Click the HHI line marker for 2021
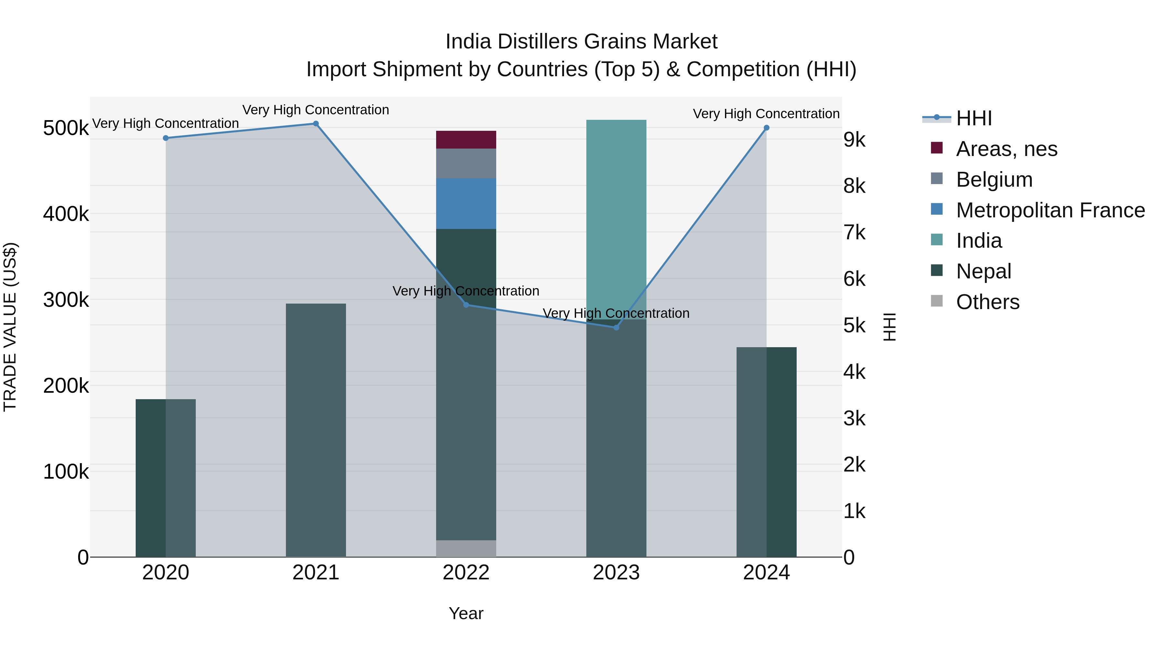click(316, 124)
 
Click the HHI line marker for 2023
click(616, 327)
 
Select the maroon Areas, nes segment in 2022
click(466, 140)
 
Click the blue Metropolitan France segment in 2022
click(466, 203)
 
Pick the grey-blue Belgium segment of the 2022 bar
click(466, 163)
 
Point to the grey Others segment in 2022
click(466, 548)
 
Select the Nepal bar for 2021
click(316, 429)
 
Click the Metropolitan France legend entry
click(1050, 210)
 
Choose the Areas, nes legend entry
click(1006, 149)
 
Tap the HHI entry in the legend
click(974, 118)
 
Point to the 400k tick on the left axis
click(66, 214)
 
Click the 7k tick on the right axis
click(854, 233)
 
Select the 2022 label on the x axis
click(466, 573)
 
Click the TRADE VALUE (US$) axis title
click(10, 327)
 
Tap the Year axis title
click(466, 613)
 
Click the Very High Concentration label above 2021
click(316, 110)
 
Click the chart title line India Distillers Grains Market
click(581, 42)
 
